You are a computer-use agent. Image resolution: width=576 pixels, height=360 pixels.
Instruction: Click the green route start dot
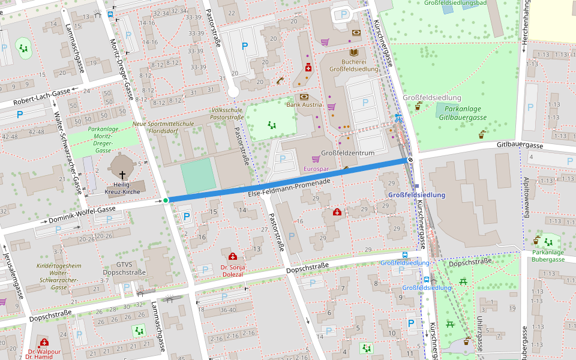(166, 200)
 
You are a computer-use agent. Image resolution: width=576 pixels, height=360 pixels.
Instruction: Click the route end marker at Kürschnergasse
(411, 160)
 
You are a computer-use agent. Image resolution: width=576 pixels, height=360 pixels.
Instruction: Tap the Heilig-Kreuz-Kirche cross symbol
(122, 173)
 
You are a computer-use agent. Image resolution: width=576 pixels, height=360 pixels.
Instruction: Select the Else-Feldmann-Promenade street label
(289, 187)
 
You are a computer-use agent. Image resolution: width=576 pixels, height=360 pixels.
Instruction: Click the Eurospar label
(317, 170)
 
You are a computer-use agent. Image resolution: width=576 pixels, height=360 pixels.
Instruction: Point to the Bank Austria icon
(304, 97)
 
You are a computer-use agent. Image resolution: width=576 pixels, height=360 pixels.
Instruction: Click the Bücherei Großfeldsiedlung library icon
(354, 53)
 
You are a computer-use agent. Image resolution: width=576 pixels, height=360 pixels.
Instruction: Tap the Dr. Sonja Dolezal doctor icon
(233, 257)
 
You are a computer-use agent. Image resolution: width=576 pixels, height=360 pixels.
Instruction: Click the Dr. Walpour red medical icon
(44, 343)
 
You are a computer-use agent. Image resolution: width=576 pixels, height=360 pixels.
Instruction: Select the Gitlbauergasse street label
(520, 146)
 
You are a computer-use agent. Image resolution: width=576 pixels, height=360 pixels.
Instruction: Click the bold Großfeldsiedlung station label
(416, 195)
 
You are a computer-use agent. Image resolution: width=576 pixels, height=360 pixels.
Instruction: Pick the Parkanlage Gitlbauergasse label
(463, 113)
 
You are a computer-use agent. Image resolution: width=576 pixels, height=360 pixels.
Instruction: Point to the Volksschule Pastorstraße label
(227, 114)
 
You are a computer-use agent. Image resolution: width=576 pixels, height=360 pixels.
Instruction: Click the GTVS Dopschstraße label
(124, 268)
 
